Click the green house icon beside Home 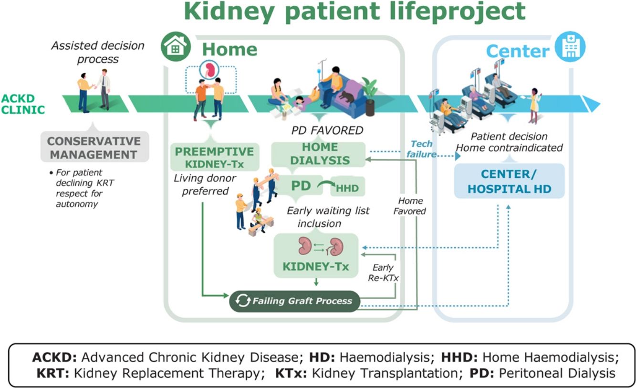tap(176, 46)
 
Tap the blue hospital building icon tap(571, 47)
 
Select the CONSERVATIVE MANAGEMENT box tap(94, 147)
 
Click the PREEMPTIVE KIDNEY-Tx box tap(215, 157)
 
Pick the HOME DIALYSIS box tap(319, 154)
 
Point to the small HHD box tap(347, 187)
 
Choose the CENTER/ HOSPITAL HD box tap(510, 181)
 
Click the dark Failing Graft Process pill tap(294, 301)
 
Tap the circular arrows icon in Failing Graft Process tap(243, 301)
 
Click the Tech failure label tap(421, 149)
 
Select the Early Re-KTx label tap(383, 272)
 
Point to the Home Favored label tap(410, 206)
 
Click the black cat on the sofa tap(346, 96)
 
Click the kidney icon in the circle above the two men tap(209, 70)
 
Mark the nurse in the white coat tap(535, 105)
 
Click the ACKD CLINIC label tap(23, 104)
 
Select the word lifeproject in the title tap(457, 11)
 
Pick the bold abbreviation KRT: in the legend tap(53, 373)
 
